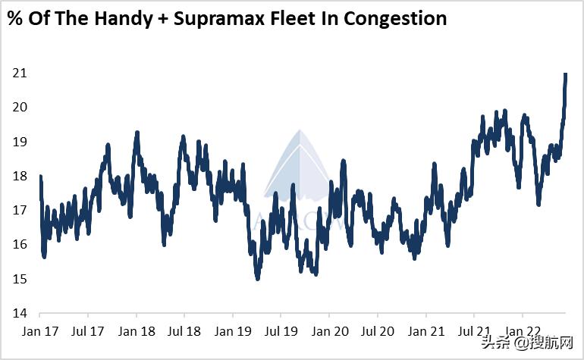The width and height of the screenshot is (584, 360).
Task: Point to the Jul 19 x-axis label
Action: (281, 331)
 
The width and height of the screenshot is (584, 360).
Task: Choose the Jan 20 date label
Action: (329, 331)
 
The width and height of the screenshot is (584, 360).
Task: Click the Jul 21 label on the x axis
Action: (473, 331)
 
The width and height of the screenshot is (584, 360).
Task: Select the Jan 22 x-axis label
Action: (522, 331)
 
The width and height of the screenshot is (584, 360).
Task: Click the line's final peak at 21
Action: (566, 74)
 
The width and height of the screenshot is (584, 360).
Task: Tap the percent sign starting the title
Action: (14, 19)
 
